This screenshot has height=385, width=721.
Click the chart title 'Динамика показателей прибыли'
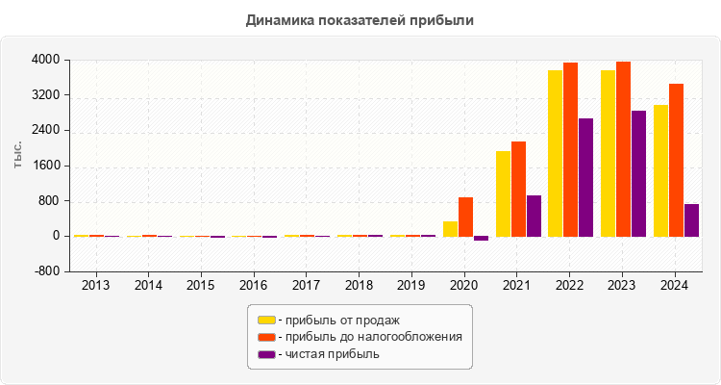pos(360,19)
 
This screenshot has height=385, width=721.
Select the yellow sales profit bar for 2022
pos(555,153)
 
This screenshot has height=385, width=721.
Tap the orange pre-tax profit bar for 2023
pos(623,149)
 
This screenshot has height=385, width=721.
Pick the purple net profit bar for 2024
pos(691,219)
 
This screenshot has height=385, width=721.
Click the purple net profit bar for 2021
pos(534,216)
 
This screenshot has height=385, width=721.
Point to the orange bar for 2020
pos(465,217)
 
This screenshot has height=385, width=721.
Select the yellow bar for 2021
pos(503,193)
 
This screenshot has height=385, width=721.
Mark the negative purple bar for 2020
pos(481,238)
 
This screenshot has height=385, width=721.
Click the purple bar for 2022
pos(585,177)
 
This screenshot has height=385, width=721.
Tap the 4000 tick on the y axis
pos(45,60)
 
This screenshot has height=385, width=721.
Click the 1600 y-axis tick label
pos(45,166)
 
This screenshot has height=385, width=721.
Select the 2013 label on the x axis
pos(95,286)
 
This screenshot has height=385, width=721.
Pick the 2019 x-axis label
pos(411,286)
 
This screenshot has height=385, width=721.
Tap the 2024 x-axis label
pos(675,286)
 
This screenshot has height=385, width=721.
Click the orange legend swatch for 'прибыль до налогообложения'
pos(266,337)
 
